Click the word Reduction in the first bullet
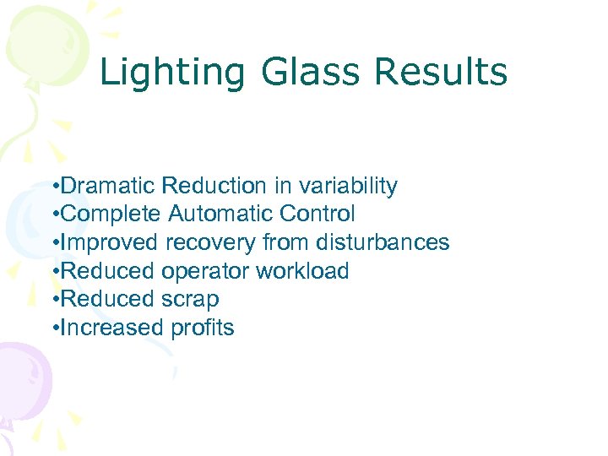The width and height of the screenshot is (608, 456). pos(213,186)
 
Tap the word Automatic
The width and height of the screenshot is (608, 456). pos(222,214)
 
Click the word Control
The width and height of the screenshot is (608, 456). pos(325,214)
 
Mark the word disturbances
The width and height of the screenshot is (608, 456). pos(383,242)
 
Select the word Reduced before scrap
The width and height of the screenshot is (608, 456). pos(108,300)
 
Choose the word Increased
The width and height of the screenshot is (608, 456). pos(112,328)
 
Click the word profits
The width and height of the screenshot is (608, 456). pos(203,328)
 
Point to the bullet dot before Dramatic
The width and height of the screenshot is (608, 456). pos(54,187)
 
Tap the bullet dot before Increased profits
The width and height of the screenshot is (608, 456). pos(54,328)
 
